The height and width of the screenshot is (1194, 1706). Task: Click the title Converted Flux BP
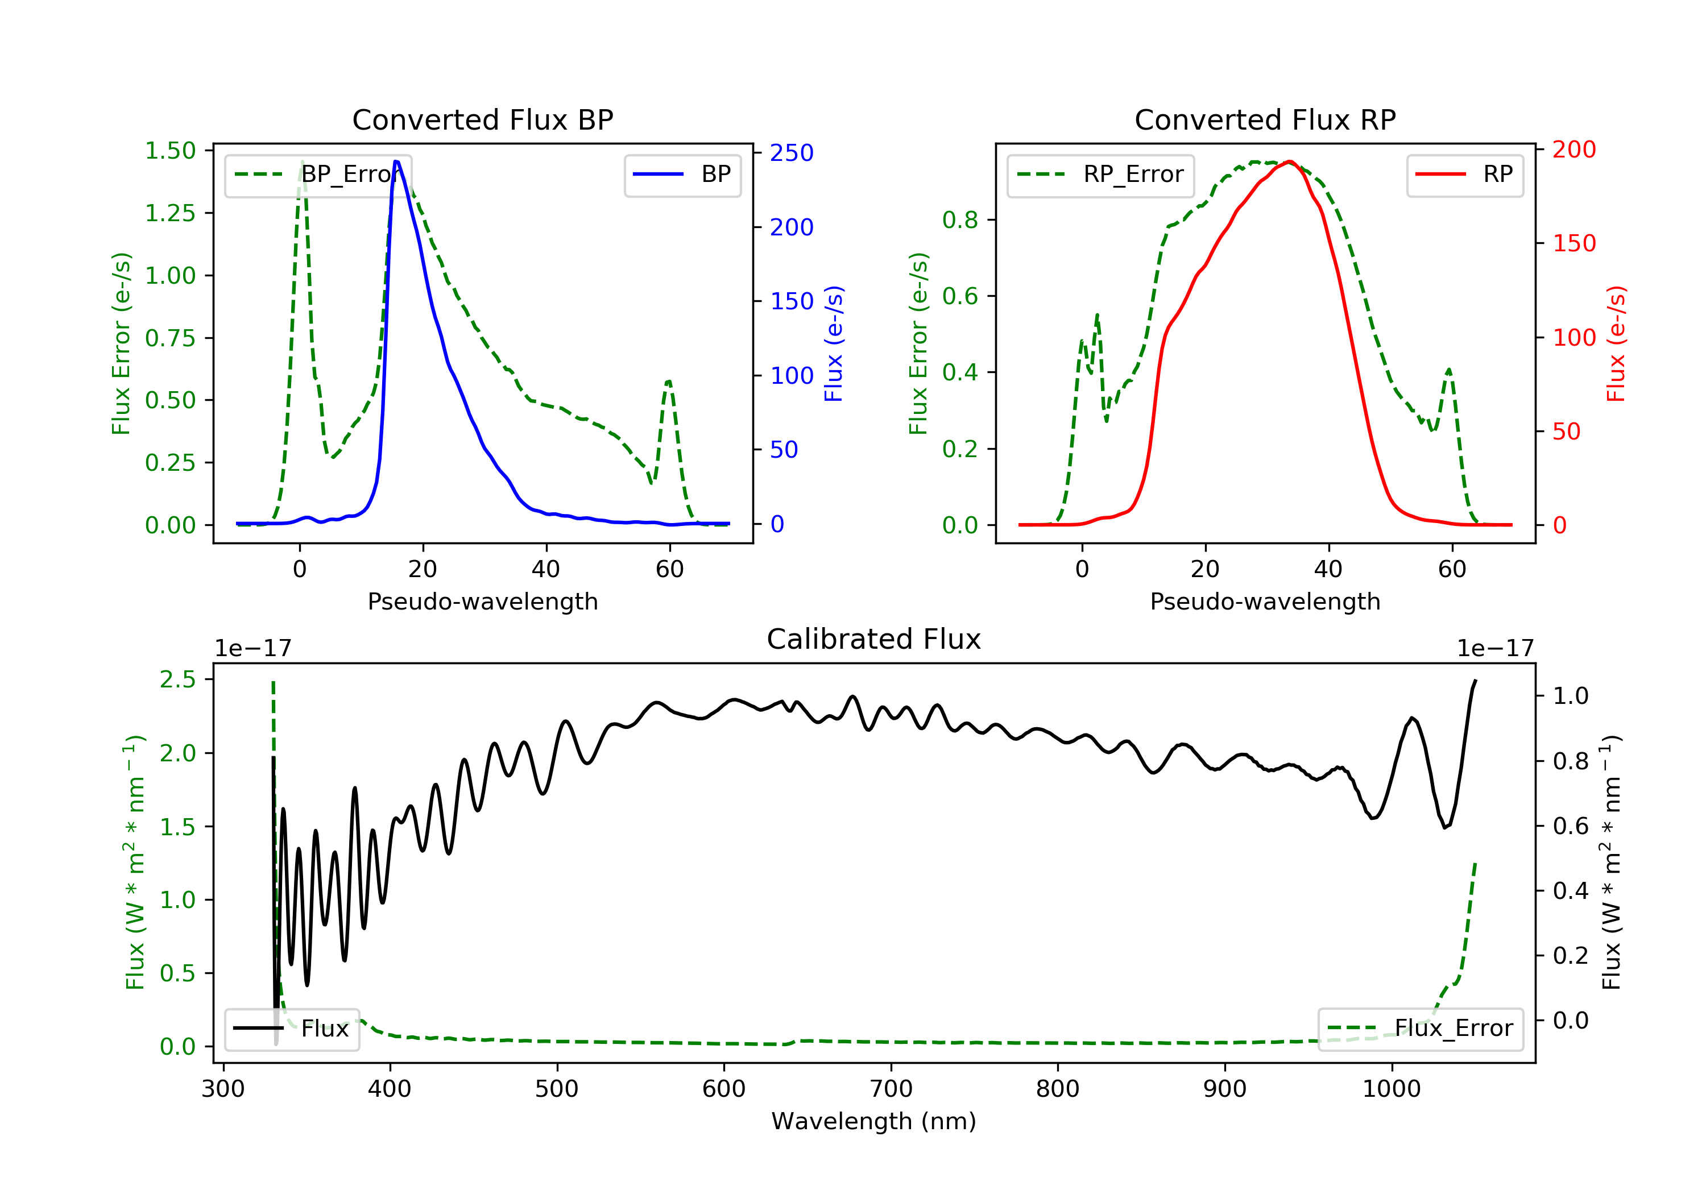pos(482,119)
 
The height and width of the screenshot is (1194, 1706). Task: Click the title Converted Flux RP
pos(1265,119)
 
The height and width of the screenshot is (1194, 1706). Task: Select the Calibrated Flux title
pos(874,639)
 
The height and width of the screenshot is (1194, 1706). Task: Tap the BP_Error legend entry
pos(317,175)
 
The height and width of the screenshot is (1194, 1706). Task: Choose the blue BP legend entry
pos(682,175)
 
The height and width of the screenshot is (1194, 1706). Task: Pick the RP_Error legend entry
pos(1100,175)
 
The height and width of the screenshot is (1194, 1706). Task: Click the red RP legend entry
pos(1464,175)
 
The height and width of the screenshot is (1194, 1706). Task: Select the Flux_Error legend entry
pos(1420,1029)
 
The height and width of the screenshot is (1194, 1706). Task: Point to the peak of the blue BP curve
pos(396,161)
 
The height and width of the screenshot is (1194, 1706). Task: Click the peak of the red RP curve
pos(1289,161)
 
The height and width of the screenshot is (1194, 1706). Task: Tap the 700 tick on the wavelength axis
pos(891,1088)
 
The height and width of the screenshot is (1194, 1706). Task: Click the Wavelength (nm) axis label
pos(874,1121)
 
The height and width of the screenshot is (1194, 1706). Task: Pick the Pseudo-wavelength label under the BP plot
pos(483,601)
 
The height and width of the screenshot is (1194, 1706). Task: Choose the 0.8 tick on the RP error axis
pos(960,220)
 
